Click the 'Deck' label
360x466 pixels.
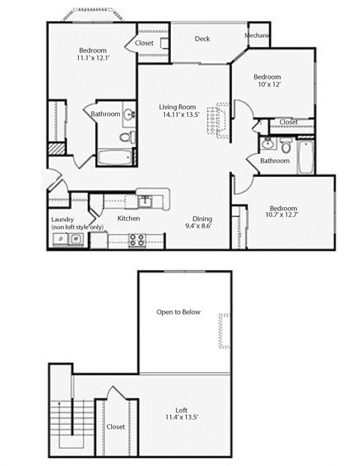click(x=202, y=39)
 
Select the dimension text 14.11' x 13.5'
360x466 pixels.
click(x=177, y=116)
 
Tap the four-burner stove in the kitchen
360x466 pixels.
click(x=137, y=240)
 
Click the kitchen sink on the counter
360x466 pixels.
click(x=145, y=200)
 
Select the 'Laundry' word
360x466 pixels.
click(x=63, y=219)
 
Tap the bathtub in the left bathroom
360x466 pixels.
click(x=114, y=158)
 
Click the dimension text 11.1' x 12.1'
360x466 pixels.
click(x=92, y=57)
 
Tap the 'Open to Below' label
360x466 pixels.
click(x=178, y=311)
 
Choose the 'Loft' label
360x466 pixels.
click(x=181, y=409)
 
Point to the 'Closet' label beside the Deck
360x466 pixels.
click(x=145, y=44)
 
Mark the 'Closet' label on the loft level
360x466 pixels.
click(x=116, y=426)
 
